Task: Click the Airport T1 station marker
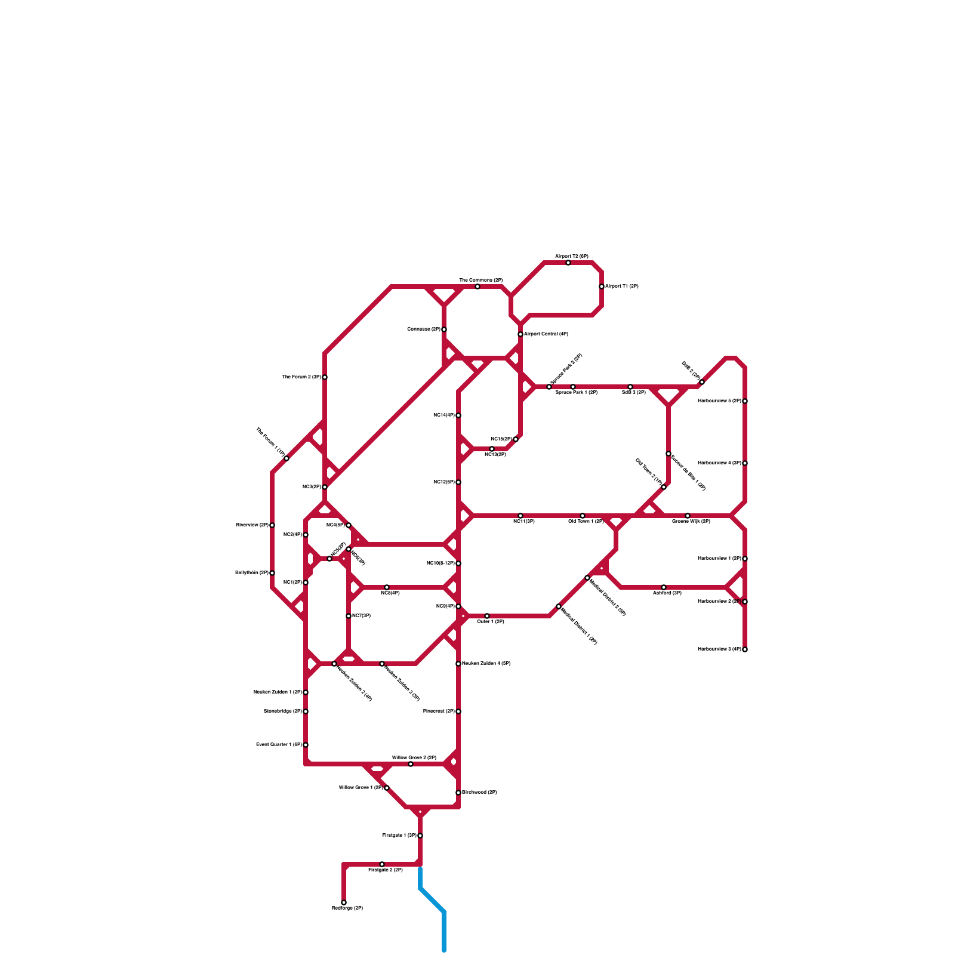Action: pos(602,286)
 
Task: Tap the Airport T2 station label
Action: pos(571,256)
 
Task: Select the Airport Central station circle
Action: pos(520,334)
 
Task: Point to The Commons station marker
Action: pos(478,286)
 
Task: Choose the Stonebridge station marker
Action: pos(306,711)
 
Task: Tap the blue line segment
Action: pos(432,901)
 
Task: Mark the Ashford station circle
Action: pos(664,587)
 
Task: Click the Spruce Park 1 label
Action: pos(576,393)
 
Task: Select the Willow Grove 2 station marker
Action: pos(411,764)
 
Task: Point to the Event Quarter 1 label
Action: pos(279,745)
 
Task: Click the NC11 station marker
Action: pos(520,516)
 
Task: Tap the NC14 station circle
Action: pos(458,415)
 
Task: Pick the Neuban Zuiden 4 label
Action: pos(486,664)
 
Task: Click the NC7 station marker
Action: pos(349,616)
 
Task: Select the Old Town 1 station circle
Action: pos(583,516)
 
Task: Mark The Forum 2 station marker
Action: pos(325,377)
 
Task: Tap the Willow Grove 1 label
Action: pos(361,788)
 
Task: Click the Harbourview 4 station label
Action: pos(719,463)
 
